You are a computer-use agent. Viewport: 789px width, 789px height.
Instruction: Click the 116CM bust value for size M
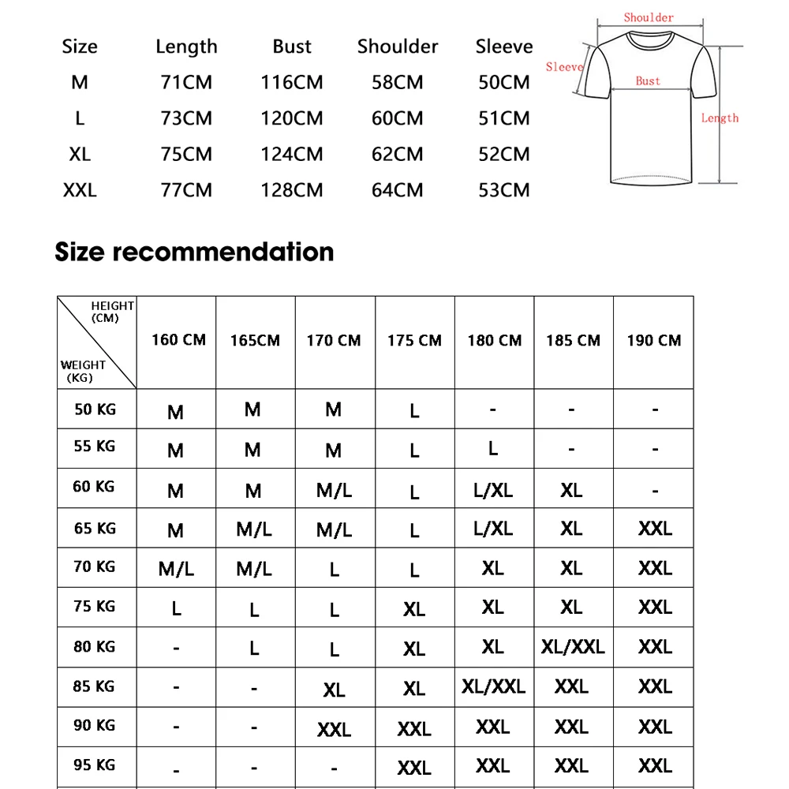292,82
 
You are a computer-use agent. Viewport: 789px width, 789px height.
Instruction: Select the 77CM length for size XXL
186,190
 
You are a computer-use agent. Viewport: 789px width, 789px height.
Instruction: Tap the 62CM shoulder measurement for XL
398,154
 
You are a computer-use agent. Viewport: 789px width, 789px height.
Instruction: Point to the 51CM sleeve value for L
504,118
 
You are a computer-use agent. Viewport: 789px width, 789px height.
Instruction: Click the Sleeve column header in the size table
504,47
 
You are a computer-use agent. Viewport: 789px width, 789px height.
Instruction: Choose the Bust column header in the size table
292,47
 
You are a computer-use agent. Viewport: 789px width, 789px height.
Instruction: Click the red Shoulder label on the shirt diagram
649,17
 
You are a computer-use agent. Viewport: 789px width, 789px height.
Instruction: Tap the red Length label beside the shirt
720,118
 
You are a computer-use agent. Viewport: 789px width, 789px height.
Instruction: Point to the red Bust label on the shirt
648,80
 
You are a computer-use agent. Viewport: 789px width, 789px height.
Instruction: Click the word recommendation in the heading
223,252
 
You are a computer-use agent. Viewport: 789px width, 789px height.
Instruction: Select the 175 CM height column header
414,341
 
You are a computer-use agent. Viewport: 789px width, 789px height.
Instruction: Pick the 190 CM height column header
653,341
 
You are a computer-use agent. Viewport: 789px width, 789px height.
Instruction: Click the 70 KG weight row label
95,567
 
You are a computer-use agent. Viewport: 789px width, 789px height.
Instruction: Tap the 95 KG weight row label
95,765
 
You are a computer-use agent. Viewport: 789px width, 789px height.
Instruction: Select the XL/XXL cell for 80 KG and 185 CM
573,647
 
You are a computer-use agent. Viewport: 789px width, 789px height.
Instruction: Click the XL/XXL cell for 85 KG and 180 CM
493,686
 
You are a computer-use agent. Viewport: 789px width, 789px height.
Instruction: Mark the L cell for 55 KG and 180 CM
493,448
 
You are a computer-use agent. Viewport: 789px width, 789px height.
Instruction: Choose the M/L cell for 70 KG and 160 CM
176,569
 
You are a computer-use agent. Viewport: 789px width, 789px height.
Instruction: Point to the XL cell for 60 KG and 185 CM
571,490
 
